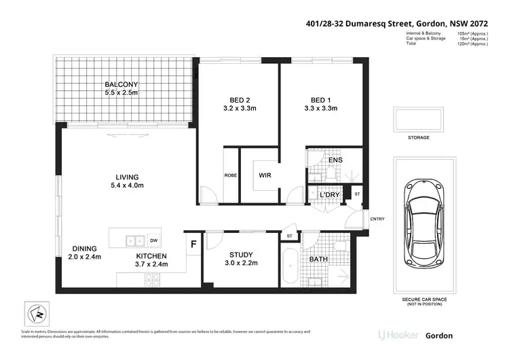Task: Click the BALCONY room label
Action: pyautogui.click(x=121, y=84)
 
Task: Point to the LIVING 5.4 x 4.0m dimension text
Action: pyautogui.click(x=128, y=185)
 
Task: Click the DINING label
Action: pyautogui.click(x=82, y=249)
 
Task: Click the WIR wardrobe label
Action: pyautogui.click(x=265, y=175)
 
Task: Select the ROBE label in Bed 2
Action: pyautogui.click(x=230, y=175)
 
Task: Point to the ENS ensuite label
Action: pyautogui.click(x=335, y=160)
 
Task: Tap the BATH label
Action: pyautogui.click(x=319, y=259)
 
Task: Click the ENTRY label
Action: pyautogui.click(x=377, y=219)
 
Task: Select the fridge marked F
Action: pyautogui.click(x=193, y=243)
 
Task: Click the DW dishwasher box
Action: pyautogui.click(x=154, y=240)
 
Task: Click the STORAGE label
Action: pyautogui.click(x=418, y=138)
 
